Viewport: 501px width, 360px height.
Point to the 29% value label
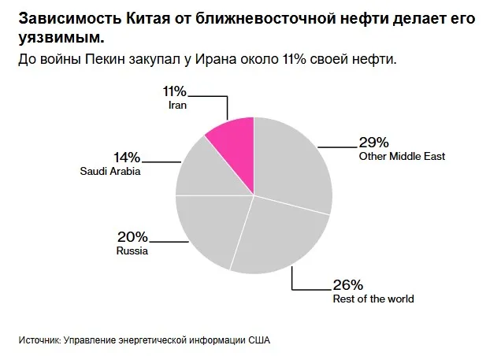(x=373, y=143)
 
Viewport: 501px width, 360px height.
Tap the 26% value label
(x=347, y=285)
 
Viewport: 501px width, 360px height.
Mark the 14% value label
(x=126, y=157)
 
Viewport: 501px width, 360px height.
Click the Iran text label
(x=176, y=105)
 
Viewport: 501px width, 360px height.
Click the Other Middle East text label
(x=402, y=157)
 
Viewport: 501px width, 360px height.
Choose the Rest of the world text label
(x=373, y=299)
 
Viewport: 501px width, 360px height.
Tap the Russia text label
(x=132, y=251)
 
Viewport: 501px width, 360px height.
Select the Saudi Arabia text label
(x=110, y=171)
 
